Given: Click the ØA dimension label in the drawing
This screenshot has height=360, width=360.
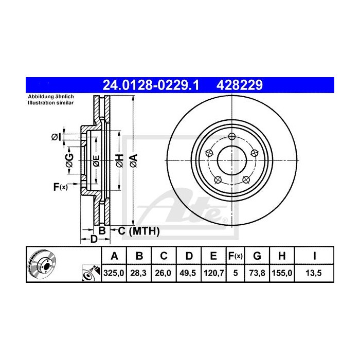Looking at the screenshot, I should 133,160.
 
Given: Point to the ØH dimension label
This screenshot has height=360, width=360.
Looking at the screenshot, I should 119,160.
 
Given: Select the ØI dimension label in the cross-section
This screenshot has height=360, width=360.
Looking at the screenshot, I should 56,137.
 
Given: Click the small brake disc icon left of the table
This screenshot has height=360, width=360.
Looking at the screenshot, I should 41,263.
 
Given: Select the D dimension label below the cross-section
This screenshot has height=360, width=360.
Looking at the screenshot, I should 94,239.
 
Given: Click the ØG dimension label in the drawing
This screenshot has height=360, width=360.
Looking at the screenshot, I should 69,160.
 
